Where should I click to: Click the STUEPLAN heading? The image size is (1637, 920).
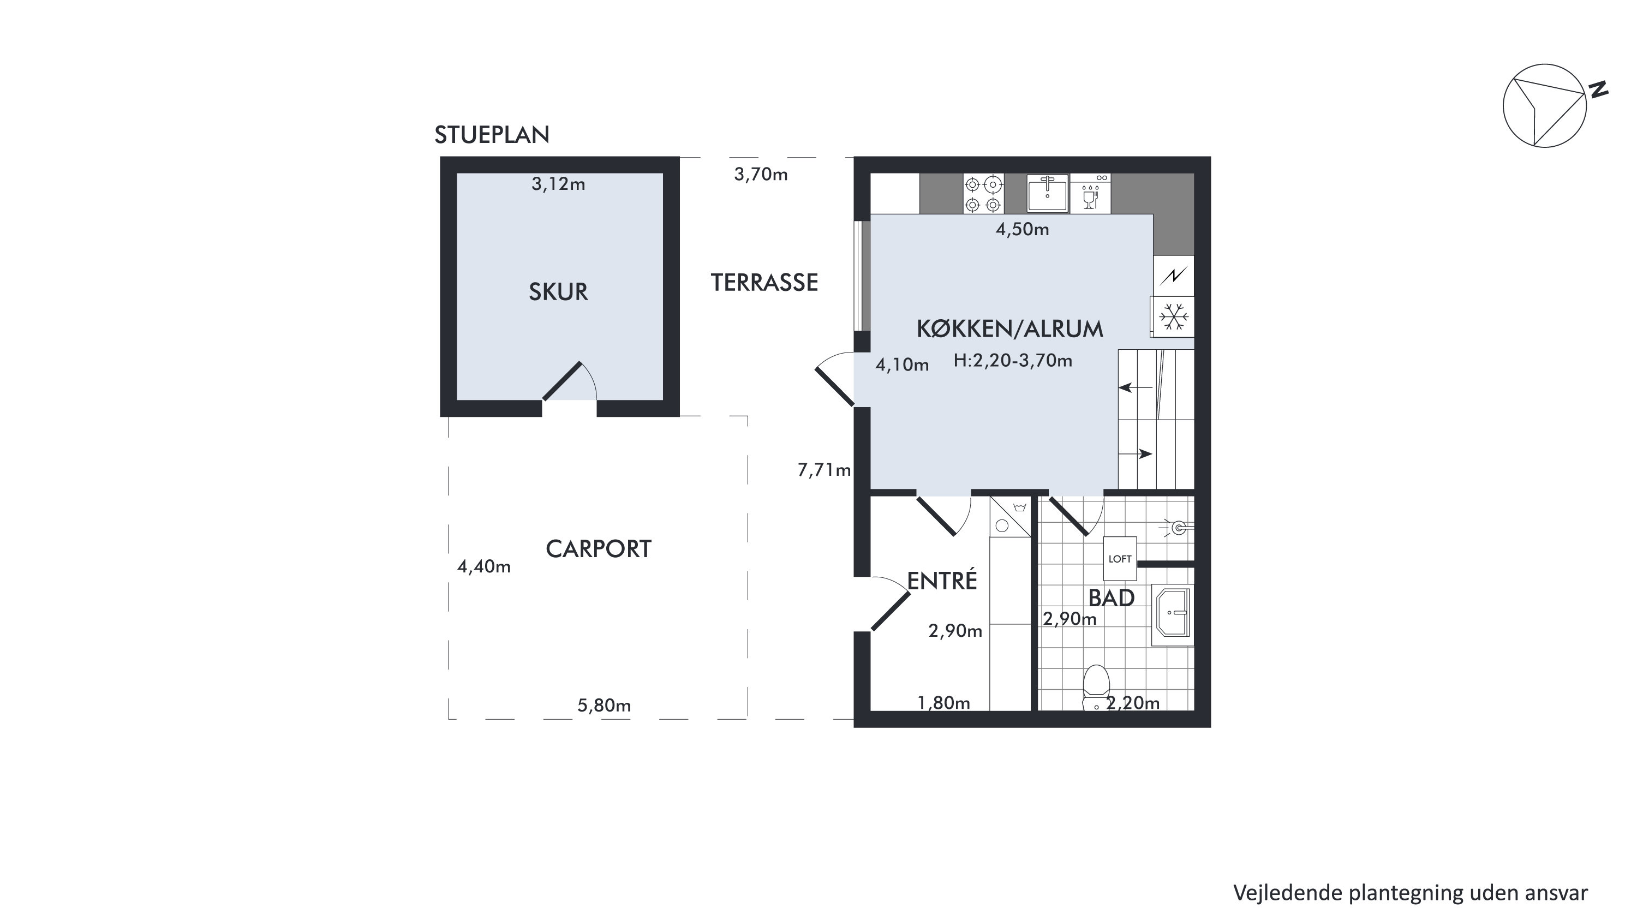pyautogui.click(x=492, y=135)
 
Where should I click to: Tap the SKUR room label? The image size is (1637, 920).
pyautogui.click(x=559, y=291)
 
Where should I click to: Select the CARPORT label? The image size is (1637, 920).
pyautogui.click(x=599, y=549)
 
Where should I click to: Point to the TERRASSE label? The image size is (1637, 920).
pyautogui.click(x=764, y=283)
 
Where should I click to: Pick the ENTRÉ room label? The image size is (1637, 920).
pyautogui.click(x=942, y=580)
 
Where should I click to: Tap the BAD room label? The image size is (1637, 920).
pyautogui.click(x=1112, y=598)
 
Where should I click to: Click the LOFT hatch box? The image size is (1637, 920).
pyautogui.click(x=1120, y=558)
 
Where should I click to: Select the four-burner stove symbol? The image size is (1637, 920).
pyautogui.click(x=983, y=194)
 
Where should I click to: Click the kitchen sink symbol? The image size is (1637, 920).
pyautogui.click(x=1048, y=193)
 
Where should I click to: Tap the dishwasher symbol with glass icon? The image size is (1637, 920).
pyautogui.click(x=1090, y=193)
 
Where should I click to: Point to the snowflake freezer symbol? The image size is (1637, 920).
pyautogui.click(x=1173, y=316)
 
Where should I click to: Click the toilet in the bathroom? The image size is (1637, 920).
pyautogui.click(x=1096, y=687)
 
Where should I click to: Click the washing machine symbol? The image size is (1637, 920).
pyautogui.click(x=1010, y=517)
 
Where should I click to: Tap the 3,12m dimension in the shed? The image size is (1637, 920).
pyautogui.click(x=558, y=184)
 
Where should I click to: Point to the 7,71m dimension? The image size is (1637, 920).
pyautogui.click(x=824, y=470)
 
